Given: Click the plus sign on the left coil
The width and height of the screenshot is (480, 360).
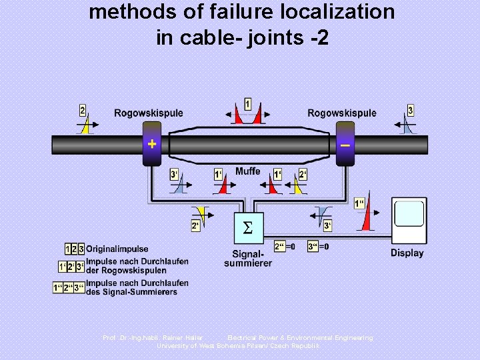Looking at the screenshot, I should tap(152, 143).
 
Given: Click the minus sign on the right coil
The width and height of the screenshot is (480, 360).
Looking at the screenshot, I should tap(345, 143).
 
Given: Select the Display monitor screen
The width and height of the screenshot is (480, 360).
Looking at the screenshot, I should tap(409, 214).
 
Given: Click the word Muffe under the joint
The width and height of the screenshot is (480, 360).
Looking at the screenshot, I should tap(247, 171).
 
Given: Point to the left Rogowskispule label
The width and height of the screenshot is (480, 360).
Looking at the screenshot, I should tap(148, 113).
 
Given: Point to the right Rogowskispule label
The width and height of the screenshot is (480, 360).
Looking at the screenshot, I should tap(341, 113).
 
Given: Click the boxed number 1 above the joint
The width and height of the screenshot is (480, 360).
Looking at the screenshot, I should tap(248, 104).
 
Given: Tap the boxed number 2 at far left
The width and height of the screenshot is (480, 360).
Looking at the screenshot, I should tap(83, 111).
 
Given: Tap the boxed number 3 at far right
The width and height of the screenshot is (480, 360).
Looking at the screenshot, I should tap(410, 111).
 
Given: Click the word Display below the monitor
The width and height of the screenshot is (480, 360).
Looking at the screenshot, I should tap(407, 253).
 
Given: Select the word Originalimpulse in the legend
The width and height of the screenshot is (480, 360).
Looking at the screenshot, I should tap(117, 249).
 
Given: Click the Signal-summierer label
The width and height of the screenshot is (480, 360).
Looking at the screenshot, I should tap(247, 258).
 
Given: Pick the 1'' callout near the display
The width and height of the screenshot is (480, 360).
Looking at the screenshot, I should tap(359, 203).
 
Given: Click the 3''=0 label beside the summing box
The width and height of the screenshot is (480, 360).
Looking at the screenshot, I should tap(319, 246).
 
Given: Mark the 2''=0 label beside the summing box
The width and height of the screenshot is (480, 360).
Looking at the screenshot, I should tap(285, 246).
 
